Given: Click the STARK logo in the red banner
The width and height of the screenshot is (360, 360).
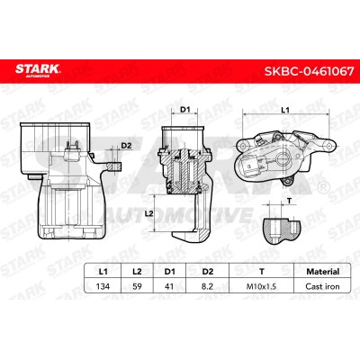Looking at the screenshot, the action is (x=38, y=69).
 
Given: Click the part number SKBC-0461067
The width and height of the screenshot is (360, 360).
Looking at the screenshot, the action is (x=309, y=72).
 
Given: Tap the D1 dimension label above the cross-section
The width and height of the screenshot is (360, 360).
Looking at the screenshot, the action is (x=185, y=110).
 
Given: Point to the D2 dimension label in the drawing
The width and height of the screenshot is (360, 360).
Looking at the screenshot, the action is (x=126, y=146).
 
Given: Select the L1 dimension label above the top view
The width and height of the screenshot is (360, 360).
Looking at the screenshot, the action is (x=285, y=110).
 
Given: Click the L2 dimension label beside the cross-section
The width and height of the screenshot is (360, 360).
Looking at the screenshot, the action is (x=149, y=213).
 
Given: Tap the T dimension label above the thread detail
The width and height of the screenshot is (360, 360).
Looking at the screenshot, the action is (x=289, y=201).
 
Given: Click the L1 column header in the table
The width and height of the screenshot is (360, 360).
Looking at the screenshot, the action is (x=103, y=272).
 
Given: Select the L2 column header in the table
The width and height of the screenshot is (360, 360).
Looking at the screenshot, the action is (x=137, y=272).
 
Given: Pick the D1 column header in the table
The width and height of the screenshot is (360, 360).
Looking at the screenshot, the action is (x=169, y=272).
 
